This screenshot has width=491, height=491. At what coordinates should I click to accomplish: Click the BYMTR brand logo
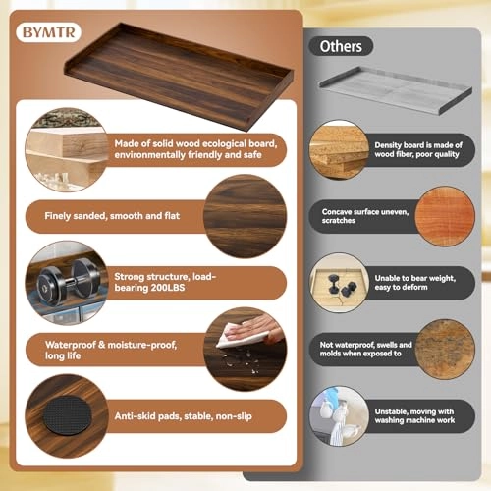48,31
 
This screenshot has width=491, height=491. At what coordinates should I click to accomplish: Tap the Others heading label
341,46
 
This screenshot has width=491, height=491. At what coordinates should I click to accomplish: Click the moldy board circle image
445,349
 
